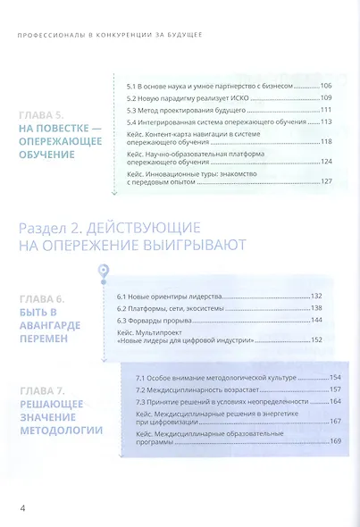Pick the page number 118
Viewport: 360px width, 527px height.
(x=325, y=141)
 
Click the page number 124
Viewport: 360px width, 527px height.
(x=325, y=162)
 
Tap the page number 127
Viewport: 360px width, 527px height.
(x=325, y=181)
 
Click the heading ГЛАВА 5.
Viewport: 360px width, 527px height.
(x=54, y=115)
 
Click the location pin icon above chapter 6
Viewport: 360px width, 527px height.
(x=105, y=271)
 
